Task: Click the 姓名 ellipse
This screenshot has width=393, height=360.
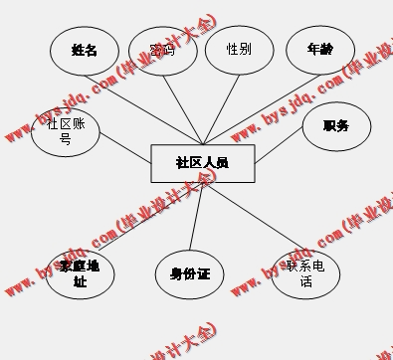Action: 85,50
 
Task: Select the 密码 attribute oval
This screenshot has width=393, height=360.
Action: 162,50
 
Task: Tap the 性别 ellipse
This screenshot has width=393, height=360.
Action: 239,49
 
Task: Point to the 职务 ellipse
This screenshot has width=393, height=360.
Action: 336,126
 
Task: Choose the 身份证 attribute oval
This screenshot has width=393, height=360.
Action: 190,273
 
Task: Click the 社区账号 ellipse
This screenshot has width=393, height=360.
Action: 65,132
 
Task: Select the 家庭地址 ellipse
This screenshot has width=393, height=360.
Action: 80,273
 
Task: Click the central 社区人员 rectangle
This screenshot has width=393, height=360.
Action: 202,163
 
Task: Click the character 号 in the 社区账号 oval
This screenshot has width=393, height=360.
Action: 65,140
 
